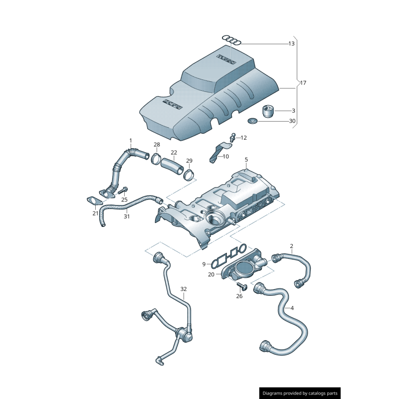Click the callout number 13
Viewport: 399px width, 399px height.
(291, 44)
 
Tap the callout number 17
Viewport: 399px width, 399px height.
(303, 83)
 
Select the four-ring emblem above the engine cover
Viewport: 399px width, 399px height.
(232, 40)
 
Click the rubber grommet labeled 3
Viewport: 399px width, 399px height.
(269, 110)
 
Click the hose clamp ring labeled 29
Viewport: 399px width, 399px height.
(189, 174)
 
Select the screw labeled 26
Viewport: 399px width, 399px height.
(242, 286)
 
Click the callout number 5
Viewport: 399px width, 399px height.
(246, 160)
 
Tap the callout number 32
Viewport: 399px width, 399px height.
(184, 289)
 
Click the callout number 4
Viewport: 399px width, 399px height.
(292, 308)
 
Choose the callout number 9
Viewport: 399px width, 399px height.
(204, 264)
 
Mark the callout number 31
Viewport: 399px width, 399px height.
(127, 216)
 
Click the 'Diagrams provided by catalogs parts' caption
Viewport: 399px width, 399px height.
(300, 393)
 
